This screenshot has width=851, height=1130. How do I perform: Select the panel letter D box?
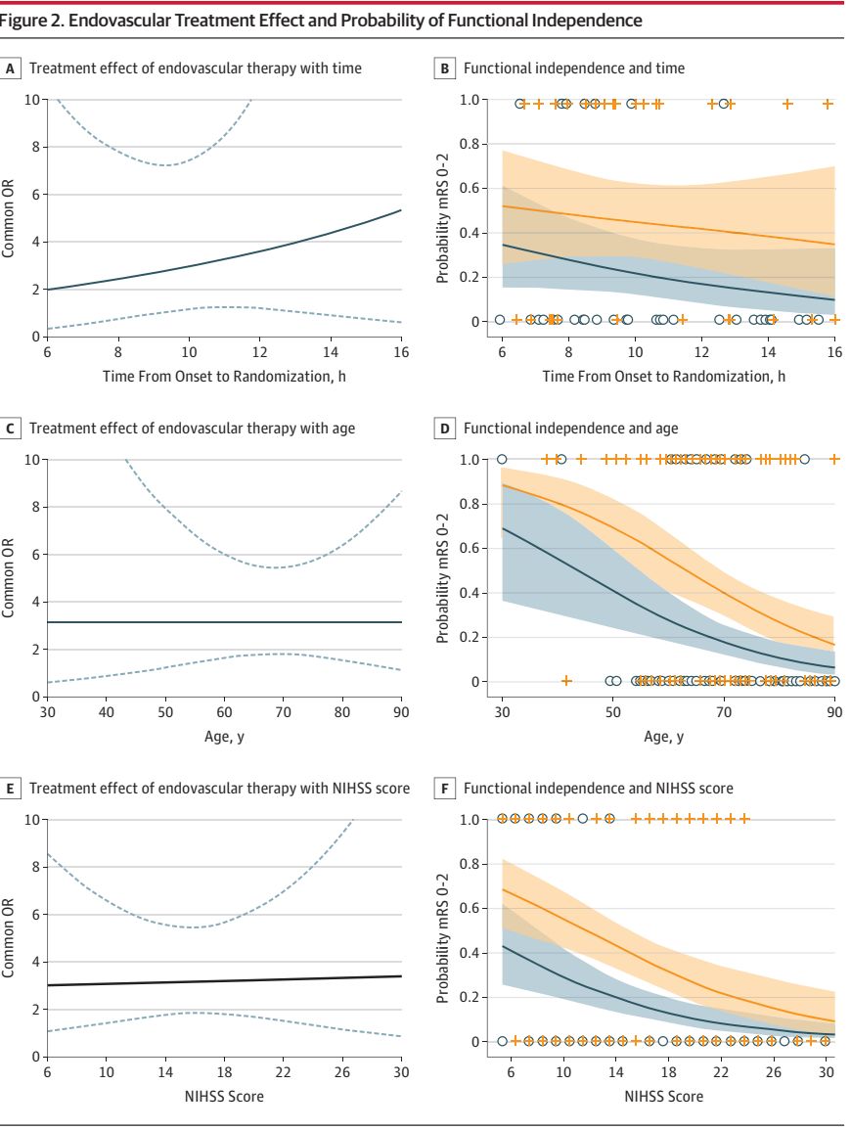point(445,429)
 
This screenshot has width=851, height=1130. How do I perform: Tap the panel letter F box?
point(445,789)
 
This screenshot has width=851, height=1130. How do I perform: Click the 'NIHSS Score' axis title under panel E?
point(224,1097)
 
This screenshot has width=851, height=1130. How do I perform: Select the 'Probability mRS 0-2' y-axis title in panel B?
point(443,209)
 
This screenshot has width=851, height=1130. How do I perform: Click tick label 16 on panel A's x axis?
point(401,351)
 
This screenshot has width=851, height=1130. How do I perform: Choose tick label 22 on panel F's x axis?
point(721,1071)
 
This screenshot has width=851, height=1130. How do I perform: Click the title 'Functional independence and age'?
point(570,429)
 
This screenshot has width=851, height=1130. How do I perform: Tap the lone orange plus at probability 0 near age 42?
point(566,681)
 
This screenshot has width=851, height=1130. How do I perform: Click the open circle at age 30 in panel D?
point(503,459)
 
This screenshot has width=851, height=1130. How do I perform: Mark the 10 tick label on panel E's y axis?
point(33,820)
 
